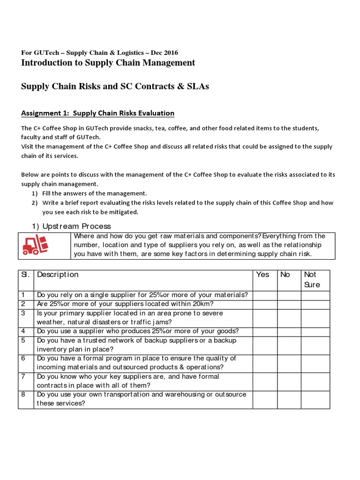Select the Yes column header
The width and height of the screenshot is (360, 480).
[263, 275]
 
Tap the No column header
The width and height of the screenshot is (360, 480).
[285, 275]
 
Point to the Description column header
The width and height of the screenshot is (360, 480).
[58, 275]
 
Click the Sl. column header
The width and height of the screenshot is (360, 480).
[25, 275]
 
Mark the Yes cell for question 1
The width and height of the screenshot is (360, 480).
[265, 295]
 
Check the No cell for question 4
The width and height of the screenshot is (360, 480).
[289, 331]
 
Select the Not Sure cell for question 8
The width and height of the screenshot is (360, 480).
[315, 399]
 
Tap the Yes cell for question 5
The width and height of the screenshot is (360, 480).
[265, 345]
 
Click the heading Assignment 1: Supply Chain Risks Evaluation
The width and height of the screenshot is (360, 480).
[97, 113]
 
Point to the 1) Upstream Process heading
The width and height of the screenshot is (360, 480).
[71, 226]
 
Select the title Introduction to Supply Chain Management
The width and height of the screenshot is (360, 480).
[108, 63]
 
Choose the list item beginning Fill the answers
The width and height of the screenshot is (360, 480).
[94, 193]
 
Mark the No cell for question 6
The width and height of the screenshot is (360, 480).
[289, 363]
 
